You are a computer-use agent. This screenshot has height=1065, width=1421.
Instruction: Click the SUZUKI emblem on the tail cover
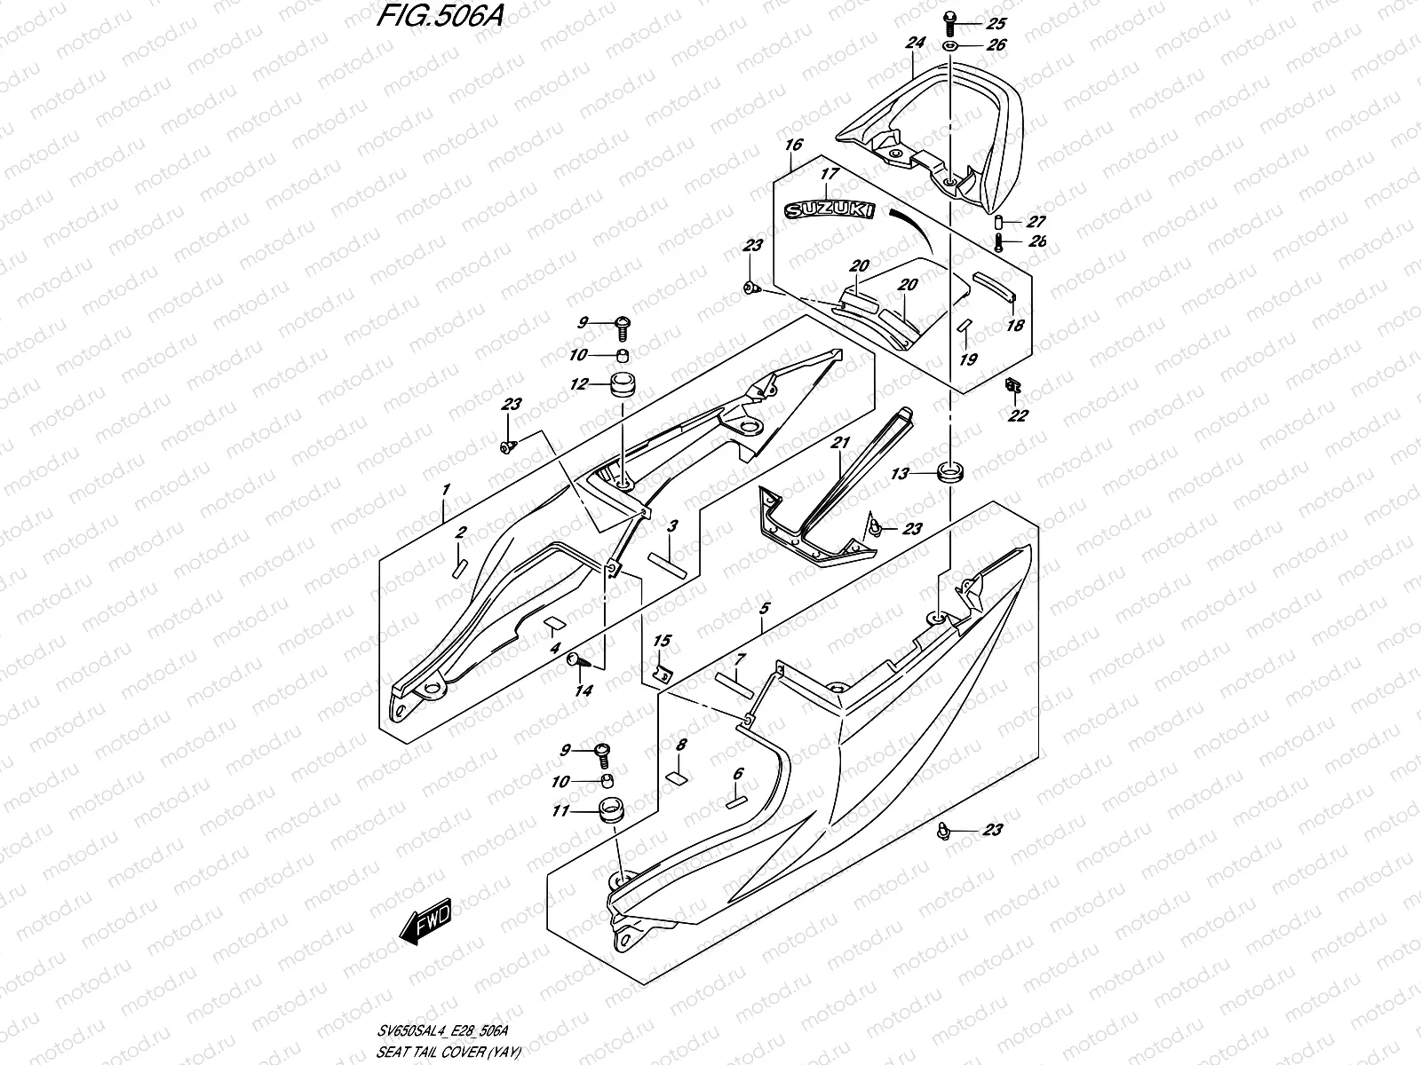[827, 210]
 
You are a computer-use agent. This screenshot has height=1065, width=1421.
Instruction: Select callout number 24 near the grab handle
[915, 42]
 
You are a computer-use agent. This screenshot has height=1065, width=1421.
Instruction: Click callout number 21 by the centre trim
[841, 443]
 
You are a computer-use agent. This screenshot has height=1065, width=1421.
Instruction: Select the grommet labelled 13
[949, 470]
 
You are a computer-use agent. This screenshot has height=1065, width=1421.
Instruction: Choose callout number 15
[663, 641]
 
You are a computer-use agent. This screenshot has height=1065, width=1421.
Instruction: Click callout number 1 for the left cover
[446, 489]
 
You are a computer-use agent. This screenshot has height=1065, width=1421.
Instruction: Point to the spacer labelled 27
[999, 222]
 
